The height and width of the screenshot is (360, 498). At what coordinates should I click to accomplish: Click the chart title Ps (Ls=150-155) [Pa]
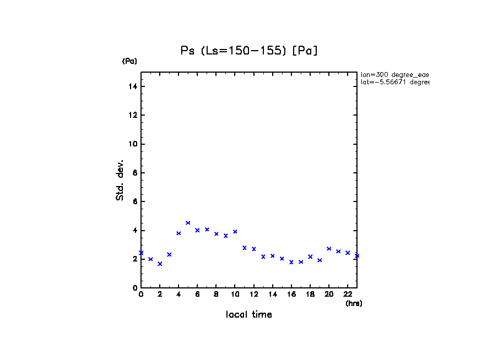[250, 51]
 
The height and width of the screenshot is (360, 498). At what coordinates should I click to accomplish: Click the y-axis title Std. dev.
[120, 180]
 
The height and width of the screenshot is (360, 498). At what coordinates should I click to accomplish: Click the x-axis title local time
[249, 315]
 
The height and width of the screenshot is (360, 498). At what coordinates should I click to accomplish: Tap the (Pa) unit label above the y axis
[129, 61]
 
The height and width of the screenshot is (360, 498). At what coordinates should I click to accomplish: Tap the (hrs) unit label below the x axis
[354, 303]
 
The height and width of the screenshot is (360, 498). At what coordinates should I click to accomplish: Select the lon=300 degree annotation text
[394, 74]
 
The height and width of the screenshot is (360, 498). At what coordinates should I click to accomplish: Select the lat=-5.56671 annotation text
[394, 82]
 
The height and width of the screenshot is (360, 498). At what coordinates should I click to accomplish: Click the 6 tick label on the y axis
[134, 201]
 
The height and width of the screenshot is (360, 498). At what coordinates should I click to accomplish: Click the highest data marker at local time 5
[188, 223]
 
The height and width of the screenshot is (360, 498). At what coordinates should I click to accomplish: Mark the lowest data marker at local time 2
[160, 264]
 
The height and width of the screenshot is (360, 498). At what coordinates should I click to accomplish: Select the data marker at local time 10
[235, 232]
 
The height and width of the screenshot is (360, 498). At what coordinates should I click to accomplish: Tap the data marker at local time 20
[329, 249]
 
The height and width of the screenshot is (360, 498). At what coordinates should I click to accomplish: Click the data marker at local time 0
[141, 253]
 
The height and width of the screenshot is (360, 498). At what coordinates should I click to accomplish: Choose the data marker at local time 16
[291, 262]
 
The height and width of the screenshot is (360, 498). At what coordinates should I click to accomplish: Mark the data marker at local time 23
[357, 255]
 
